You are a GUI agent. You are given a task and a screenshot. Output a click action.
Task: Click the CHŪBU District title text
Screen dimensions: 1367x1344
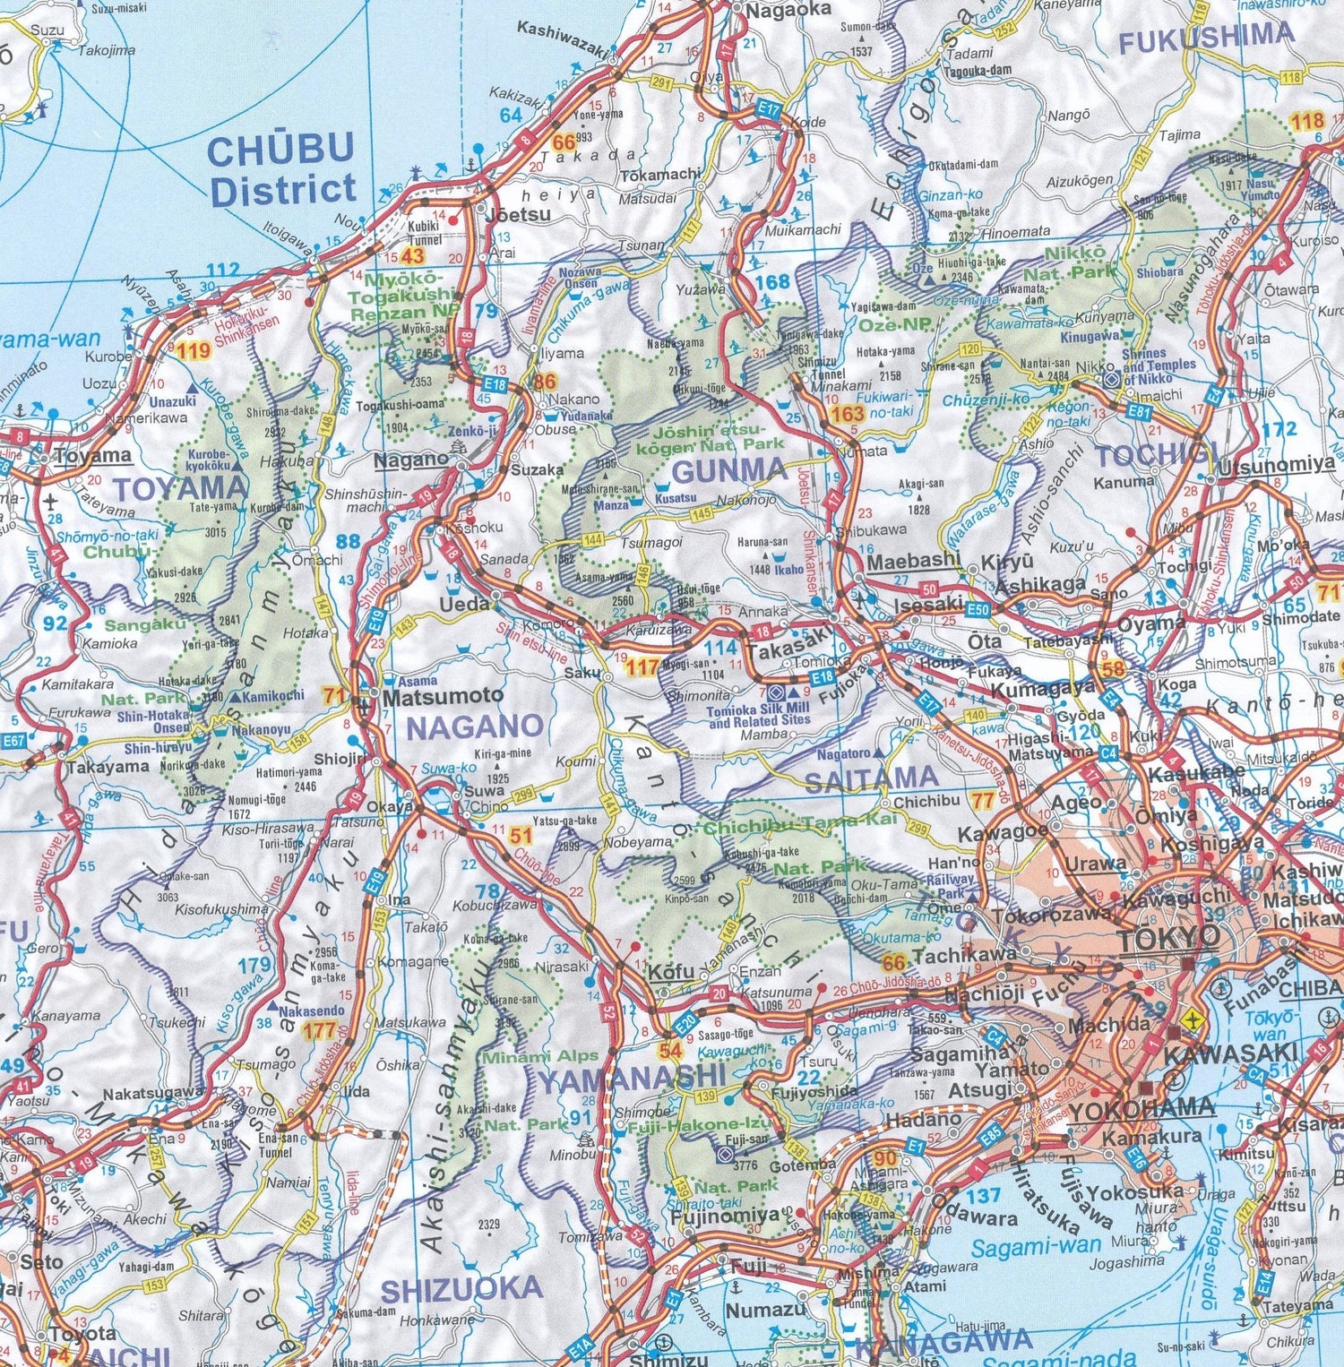[x=282, y=169]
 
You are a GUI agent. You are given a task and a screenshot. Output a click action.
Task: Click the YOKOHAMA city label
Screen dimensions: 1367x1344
[x=1142, y=1108]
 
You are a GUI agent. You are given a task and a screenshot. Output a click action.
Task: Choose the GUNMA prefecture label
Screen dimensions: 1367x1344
[x=728, y=470]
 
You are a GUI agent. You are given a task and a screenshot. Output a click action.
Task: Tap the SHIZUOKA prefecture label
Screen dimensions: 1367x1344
[x=461, y=1290]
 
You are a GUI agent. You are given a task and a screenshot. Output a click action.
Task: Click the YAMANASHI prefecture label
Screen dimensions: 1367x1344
[x=631, y=1079]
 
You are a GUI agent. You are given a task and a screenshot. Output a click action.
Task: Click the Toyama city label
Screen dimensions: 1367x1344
[x=92, y=456]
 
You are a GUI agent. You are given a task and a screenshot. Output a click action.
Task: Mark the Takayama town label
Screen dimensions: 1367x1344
[x=107, y=767]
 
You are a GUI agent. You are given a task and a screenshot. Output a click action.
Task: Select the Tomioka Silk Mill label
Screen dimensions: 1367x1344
[x=758, y=714]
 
